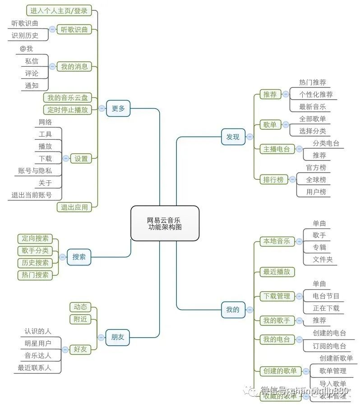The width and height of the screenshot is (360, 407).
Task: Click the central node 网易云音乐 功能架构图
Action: coord(165,224)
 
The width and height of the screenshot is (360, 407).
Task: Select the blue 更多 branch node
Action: coord(118,108)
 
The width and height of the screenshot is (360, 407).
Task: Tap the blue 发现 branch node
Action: coord(233,137)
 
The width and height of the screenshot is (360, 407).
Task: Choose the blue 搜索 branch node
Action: coord(79,257)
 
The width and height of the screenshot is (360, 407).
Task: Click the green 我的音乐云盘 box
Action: coord(68,97)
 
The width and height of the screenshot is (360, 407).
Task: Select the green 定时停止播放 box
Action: coord(68,110)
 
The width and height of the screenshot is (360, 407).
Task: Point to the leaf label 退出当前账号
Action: coord(32,195)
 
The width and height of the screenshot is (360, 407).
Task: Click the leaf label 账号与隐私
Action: coord(35,171)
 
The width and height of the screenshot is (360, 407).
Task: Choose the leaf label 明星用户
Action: coord(38,343)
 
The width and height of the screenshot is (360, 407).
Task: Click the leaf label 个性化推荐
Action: coord(316,95)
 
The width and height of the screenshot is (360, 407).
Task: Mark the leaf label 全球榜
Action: coord(316,179)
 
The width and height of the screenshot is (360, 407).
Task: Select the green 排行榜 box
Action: coord(273,179)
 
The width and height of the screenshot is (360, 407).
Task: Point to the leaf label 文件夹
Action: coord(323,260)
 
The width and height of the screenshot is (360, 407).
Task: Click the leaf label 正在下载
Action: coord(326,308)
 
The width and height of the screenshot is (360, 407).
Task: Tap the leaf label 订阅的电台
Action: coord(329,346)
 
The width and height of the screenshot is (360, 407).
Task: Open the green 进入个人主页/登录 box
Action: coord(59,10)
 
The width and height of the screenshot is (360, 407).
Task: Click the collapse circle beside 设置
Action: coord(66,158)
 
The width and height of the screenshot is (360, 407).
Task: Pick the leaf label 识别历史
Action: coord(25,36)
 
